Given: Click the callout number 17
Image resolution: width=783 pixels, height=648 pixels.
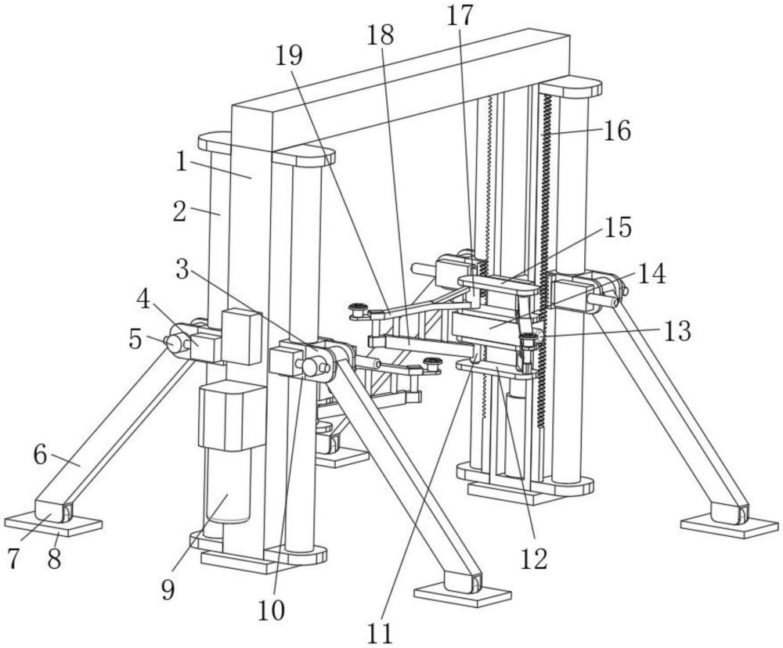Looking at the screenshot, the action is [x=460, y=16].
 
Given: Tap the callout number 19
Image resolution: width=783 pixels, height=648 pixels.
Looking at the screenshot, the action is [x=290, y=56].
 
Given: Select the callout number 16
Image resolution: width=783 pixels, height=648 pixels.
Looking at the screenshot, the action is [x=617, y=131].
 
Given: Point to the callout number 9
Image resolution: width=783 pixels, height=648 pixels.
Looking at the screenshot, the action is [x=168, y=591].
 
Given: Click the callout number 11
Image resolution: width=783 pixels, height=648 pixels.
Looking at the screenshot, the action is [x=380, y=634].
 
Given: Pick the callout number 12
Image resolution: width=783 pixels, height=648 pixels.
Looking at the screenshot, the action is [x=534, y=560].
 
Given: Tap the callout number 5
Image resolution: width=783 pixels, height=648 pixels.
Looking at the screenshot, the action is [x=135, y=340].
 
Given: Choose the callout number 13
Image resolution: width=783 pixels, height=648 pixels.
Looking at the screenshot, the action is [x=677, y=331].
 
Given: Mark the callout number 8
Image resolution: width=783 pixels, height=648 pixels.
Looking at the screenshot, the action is [x=54, y=559].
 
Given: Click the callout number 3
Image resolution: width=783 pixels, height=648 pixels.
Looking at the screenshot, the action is [x=182, y=270].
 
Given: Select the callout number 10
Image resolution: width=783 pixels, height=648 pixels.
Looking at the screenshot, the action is [x=271, y=610].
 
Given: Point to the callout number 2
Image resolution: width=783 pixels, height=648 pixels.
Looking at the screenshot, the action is [x=180, y=211].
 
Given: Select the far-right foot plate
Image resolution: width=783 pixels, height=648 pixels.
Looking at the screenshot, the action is [x=730, y=527].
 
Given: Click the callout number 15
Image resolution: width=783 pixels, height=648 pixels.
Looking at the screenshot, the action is [x=619, y=227].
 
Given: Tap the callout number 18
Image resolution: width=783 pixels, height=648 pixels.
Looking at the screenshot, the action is [x=381, y=35].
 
